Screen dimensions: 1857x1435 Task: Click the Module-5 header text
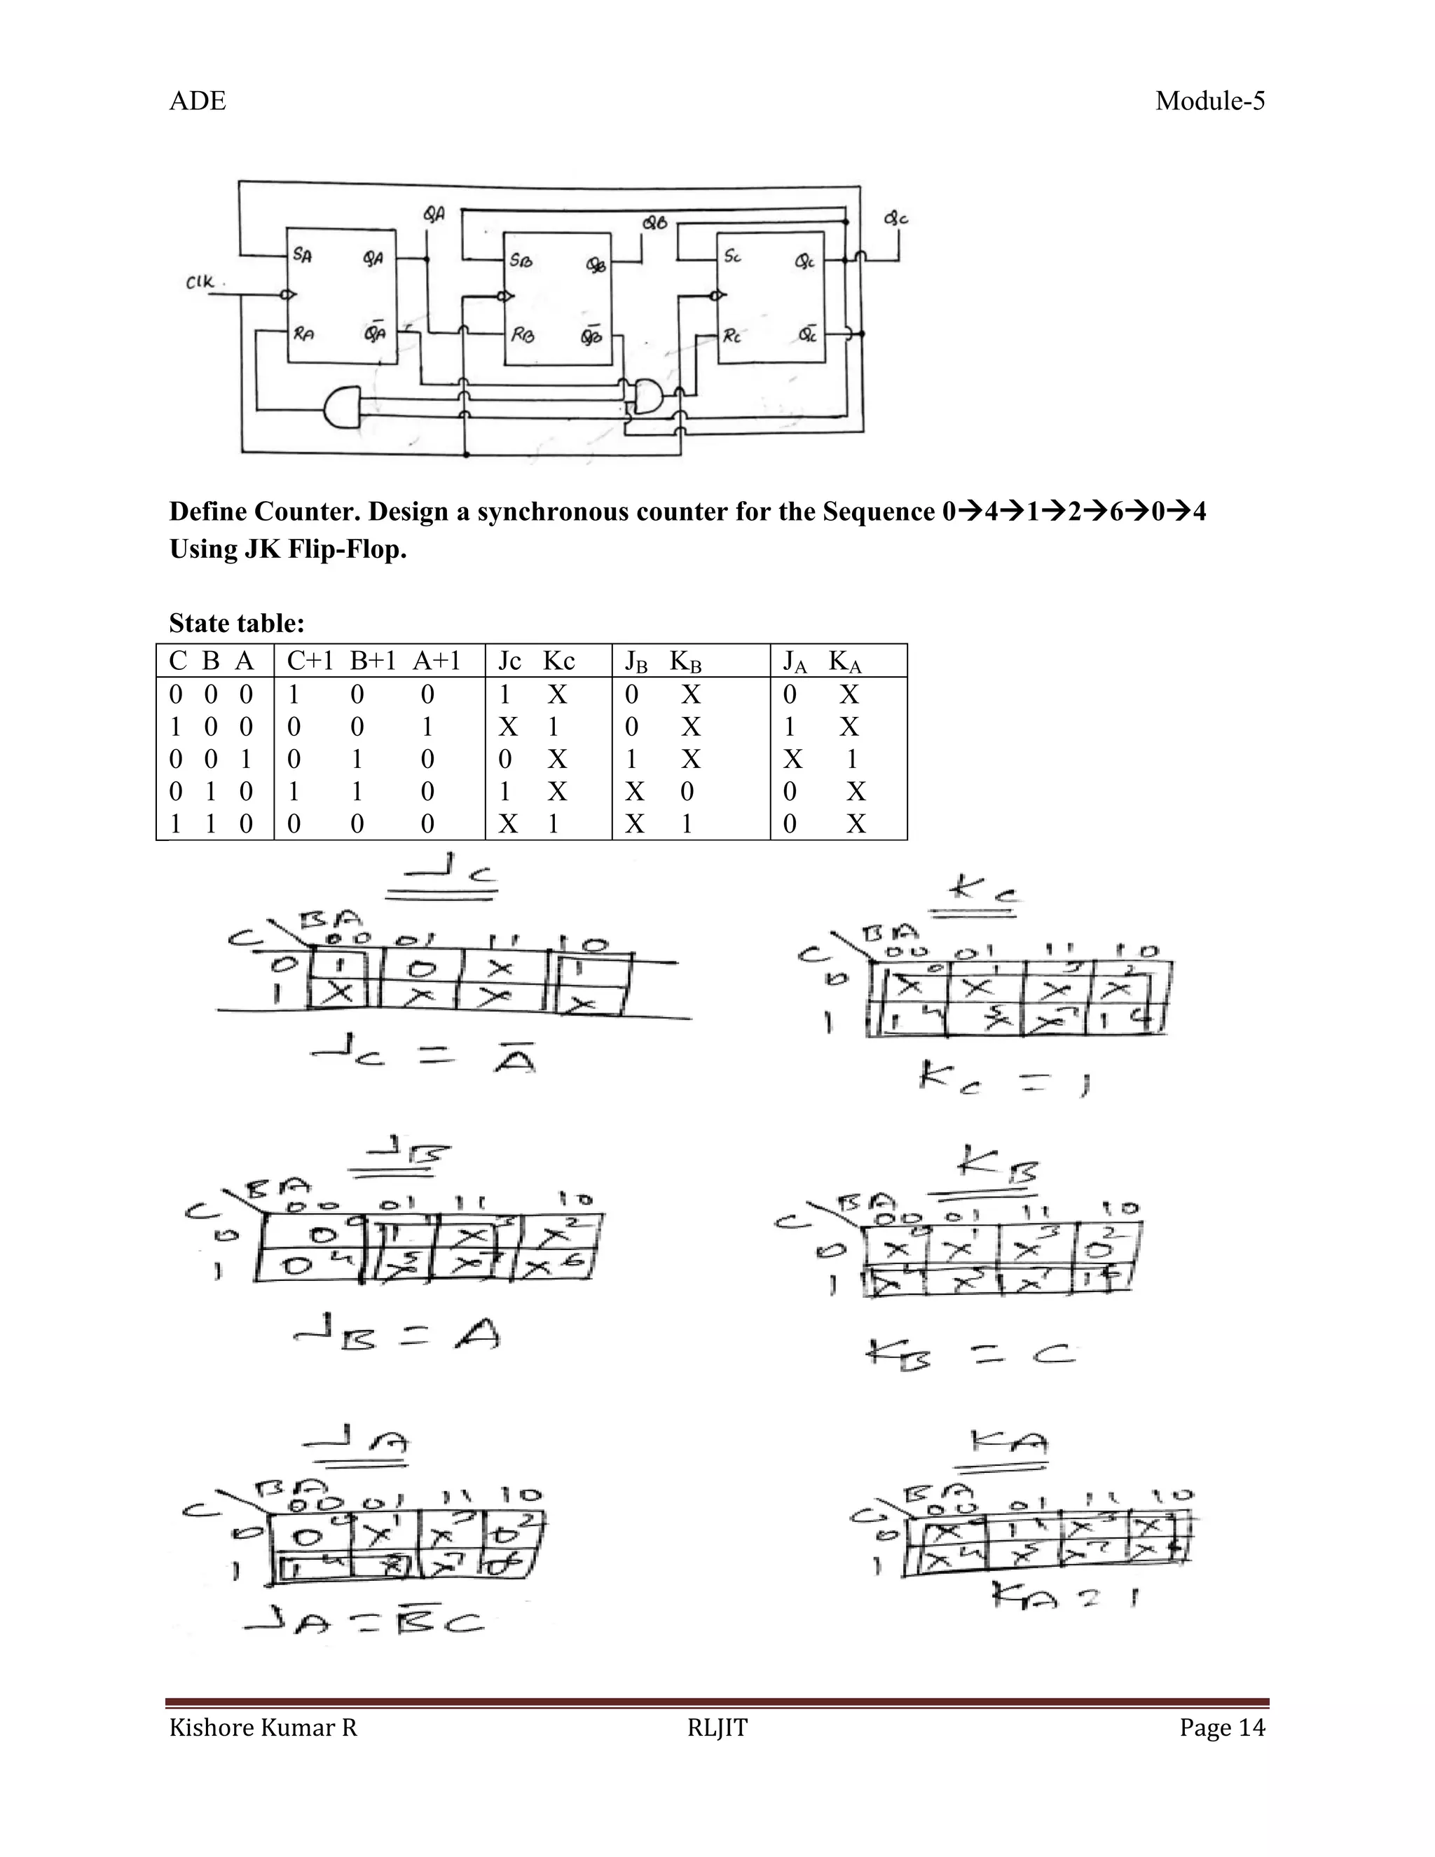click(x=1209, y=101)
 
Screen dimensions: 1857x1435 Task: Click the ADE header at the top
click(x=197, y=101)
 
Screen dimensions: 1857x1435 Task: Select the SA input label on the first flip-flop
click(x=302, y=254)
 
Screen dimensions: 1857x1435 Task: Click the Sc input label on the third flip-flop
click(x=732, y=255)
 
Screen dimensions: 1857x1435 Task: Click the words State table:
click(x=236, y=623)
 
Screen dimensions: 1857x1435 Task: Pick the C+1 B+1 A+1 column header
click(x=373, y=661)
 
